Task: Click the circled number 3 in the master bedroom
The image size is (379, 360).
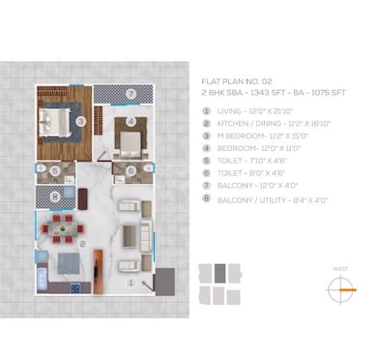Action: pos(82,120)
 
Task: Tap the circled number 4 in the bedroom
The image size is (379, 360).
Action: pos(131,122)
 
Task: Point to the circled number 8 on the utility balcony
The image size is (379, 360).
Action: pos(55,196)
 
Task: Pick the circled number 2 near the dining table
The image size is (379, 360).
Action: pos(84,244)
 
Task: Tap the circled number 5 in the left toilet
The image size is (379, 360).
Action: pos(55,171)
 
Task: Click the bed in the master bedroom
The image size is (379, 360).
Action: pos(54,122)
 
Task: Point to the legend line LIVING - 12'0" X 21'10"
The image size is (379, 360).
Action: pos(256,110)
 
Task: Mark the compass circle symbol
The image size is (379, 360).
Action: pos(340,285)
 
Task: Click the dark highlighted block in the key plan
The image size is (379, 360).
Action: pos(220,272)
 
